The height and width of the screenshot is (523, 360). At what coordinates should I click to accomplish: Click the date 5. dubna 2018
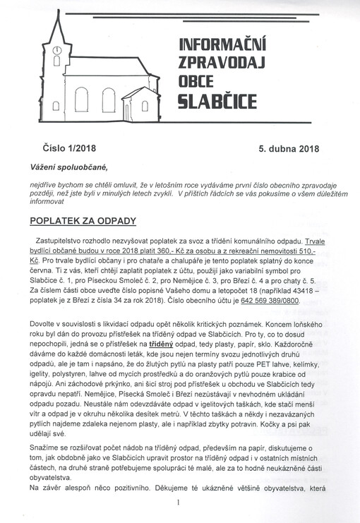click(x=289, y=150)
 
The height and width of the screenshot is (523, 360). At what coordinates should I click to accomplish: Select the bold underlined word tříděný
click(x=162, y=342)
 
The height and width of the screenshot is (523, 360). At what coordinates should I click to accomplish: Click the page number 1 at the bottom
click(x=180, y=503)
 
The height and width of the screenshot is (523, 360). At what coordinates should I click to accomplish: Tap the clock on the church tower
click(x=56, y=50)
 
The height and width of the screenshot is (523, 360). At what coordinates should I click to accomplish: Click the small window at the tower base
click(x=56, y=107)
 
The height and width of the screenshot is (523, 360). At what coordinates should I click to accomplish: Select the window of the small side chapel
click(x=144, y=106)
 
